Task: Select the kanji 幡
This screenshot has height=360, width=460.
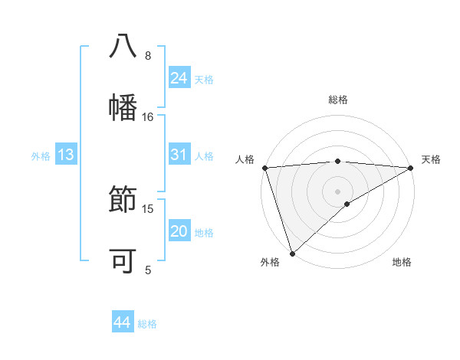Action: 123,107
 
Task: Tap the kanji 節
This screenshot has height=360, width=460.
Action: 123,200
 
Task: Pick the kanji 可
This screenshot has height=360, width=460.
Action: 123,261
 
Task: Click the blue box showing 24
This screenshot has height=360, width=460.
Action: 179,78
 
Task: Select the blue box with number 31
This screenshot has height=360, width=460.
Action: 179,155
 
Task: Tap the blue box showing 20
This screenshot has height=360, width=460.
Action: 179,231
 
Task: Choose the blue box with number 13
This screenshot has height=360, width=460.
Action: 66,155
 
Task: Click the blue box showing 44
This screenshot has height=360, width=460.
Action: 123,322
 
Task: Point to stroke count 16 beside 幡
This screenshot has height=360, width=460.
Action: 148,117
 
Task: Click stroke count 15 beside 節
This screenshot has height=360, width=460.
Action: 148,209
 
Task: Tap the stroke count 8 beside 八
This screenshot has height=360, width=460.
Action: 148,56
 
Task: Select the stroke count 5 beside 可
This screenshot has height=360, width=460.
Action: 148,270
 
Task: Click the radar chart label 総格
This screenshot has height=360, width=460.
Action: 338,100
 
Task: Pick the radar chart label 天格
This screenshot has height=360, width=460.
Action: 431,159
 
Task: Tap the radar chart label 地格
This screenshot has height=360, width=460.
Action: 402,263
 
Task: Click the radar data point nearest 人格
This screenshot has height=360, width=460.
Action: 264,168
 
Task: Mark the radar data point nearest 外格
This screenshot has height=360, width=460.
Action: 292,253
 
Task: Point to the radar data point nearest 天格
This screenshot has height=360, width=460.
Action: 411,168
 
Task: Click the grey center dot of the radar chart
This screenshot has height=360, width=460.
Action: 338,191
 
